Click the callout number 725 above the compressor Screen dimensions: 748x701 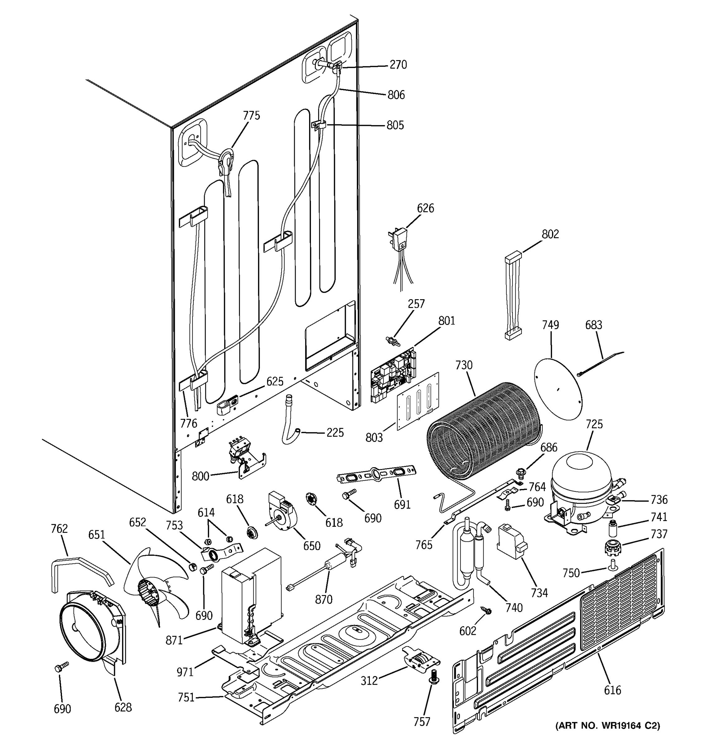coord(594,424)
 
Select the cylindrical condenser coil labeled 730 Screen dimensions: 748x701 coord(483,433)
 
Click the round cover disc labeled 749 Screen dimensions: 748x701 coord(558,388)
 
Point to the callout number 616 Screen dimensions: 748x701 coord(612,690)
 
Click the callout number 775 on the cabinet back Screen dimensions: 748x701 coord(251,116)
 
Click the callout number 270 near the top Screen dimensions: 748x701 coord(398,65)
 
